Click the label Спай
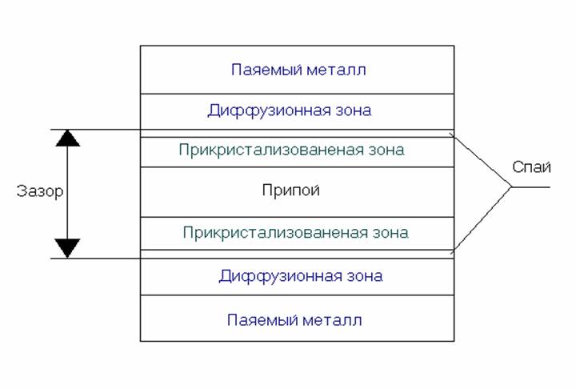[531, 167]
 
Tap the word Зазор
[40, 191]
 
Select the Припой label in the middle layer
[291, 190]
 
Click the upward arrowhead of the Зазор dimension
[67, 138]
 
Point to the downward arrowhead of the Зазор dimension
[67, 248]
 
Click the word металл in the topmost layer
[336, 70]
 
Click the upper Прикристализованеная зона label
[291, 150]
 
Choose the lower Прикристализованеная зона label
[296, 233]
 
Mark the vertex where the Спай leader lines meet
[511, 187]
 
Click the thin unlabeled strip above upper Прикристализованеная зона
[297, 134]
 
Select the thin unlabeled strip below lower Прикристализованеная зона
[297, 254]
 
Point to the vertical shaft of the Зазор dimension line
[67, 194]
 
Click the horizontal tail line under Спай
[531, 187]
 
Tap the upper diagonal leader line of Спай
[481, 160]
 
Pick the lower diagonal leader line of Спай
[481, 220]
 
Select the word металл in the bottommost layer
[332, 321]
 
